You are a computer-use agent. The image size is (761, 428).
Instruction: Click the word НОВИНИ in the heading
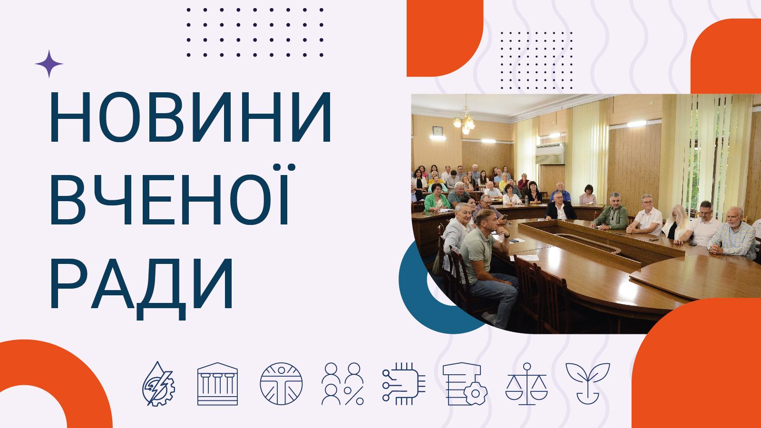click(190, 119)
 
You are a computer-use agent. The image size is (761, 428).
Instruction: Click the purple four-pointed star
click(49, 64)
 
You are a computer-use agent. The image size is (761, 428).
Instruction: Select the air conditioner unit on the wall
click(551, 152)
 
